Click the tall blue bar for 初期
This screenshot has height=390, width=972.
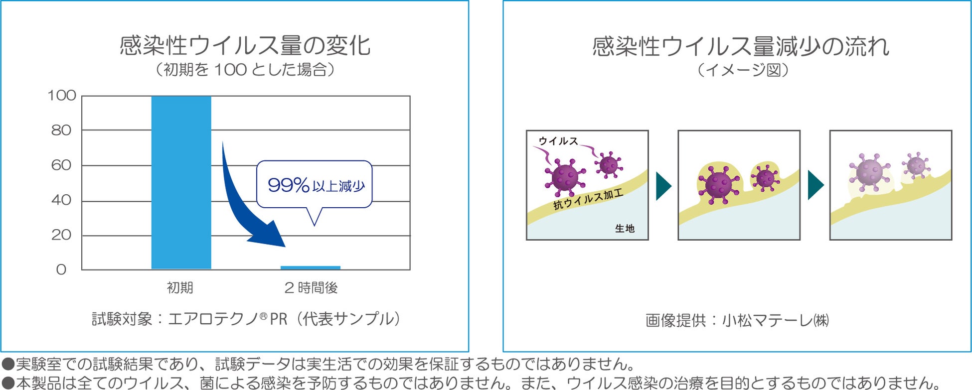pyautogui.click(x=181, y=182)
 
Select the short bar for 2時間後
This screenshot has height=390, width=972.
pyautogui.click(x=310, y=268)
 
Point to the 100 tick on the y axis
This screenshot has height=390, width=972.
pyautogui.click(x=62, y=96)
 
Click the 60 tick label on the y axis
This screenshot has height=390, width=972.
pyautogui.click(x=61, y=165)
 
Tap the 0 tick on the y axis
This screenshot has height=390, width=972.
pyautogui.click(x=61, y=270)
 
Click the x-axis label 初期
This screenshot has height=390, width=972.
pyautogui.click(x=180, y=288)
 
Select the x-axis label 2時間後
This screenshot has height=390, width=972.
pyautogui.click(x=311, y=288)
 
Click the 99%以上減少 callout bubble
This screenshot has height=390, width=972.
pyautogui.click(x=314, y=185)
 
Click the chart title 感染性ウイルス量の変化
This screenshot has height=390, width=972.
pyautogui.click(x=245, y=45)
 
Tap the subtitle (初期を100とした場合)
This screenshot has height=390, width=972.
pyautogui.click(x=245, y=70)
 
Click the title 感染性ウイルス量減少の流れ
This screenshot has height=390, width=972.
pyautogui.click(x=741, y=46)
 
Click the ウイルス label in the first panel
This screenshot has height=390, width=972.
pyautogui.click(x=558, y=141)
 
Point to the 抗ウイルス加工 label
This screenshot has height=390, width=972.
pyautogui.click(x=588, y=199)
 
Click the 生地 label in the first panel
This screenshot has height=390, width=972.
pyautogui.click(x=625, y=229)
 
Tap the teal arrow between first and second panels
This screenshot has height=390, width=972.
pyautogui.click(x=663, y=186)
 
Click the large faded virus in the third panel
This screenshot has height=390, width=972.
pyautogui.click(x=869, y=172)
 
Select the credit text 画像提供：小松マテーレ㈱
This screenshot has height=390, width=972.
pyautogui.click(x=737, y=320)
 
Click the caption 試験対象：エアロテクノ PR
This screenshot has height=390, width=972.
pyautogui.click(x=246, y=319)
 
